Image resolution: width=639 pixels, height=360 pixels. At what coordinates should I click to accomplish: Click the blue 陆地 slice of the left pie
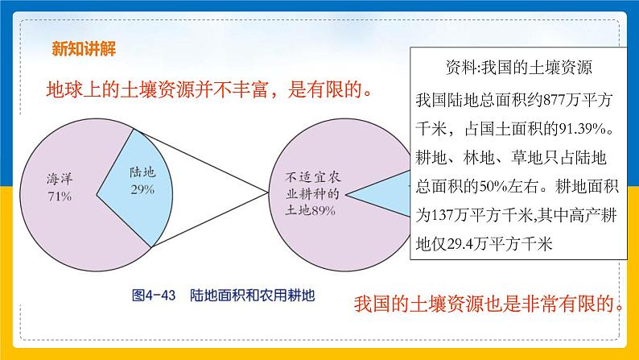click(x=137, y=181)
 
